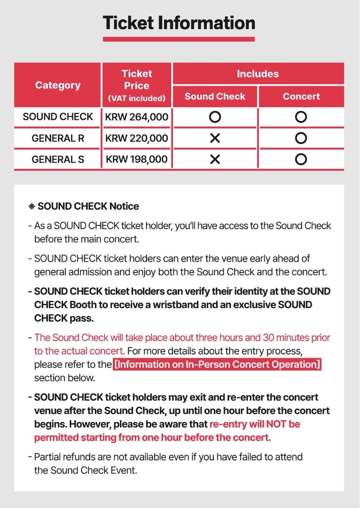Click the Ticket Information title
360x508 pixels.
179,23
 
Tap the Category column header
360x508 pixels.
58,85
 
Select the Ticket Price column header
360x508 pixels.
137,85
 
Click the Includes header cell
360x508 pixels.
258,74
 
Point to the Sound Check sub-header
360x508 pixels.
215,97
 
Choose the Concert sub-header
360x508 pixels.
301,97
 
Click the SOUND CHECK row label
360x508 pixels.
58,117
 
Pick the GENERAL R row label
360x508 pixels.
58,138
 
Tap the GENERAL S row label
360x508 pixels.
58,159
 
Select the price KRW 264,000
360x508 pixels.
137,117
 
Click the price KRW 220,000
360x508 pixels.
137,138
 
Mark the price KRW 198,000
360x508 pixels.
137,159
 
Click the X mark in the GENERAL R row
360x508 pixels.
215,139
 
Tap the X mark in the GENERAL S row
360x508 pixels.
215,159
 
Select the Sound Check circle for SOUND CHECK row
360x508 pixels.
215,117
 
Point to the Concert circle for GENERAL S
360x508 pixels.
301,159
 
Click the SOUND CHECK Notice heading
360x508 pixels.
88,206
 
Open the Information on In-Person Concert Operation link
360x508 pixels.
217,365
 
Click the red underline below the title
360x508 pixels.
179,39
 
